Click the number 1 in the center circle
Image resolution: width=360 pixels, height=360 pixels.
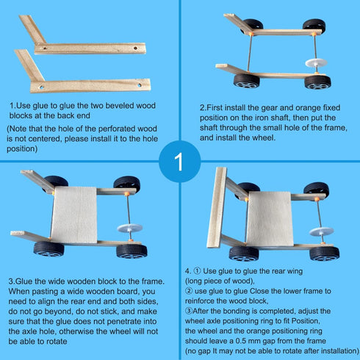pyautogui.click(x=179, y=162)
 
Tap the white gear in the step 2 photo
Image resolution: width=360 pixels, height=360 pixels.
pyautogui.click(x=316, y=62)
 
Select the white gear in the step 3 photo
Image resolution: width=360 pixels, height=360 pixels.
pyautogui.click(x=129, y=228)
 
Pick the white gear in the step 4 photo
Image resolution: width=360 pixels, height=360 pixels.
pyautogui.click(x=321, y=231)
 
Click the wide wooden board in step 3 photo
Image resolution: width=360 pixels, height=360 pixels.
pyautogui.click(x=74, y=215)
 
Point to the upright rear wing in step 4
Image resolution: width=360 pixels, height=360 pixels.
pyautogui.click(x=217, y=207)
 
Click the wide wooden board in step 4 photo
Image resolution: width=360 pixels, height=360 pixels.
pyautogui.click(x=270, y=218)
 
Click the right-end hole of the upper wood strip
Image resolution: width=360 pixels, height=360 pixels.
pyautogui.click(x=135, y=48)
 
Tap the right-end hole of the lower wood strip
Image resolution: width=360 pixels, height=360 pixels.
pyautogui.click(x=140, y=85)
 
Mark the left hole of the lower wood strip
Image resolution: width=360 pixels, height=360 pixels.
pyautogui.click(x=41, y=87)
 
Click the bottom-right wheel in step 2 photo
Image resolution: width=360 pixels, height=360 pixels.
pyautogui.click(x=317, y=82)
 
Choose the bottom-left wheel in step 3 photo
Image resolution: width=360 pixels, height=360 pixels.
pyautogui.click(x=49, y=249)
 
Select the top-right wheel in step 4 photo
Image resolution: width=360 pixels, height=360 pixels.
pyautogui.click(x=317, y=190)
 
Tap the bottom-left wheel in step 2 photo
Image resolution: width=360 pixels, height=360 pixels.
pyautogui.click(x=247, y=81)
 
